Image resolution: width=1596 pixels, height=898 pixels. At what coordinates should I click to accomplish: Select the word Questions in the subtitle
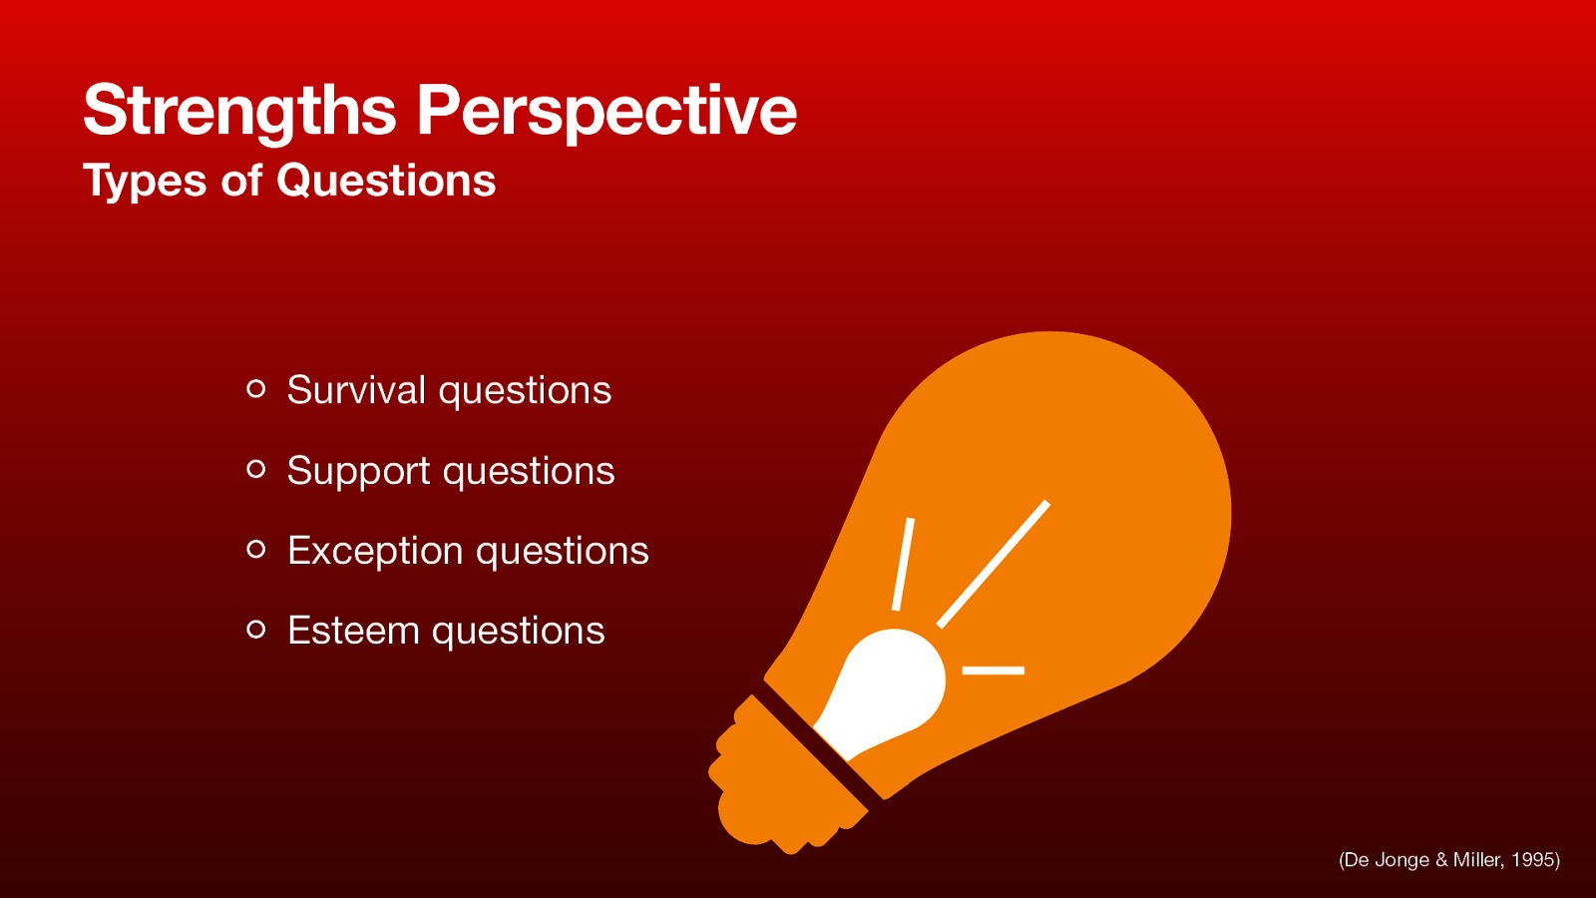pyautogui.click(x=386, y=181)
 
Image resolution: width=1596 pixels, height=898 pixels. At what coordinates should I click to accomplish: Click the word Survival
pyautogui.click(x=356, y=390)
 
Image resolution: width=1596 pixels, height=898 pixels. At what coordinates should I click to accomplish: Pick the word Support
pyautogui.click(x=358, y=471)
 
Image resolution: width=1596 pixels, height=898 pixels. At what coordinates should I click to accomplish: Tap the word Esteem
pyautogui.click(x=353, y=631)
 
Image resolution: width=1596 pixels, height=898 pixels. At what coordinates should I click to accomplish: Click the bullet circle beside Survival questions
pyautogui.click(x=256, y=389)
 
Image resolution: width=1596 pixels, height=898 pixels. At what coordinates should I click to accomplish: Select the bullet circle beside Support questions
pyautogui.click(x=256, y=469)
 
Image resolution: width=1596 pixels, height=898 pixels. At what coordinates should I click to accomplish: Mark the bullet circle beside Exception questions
pyautogui.click(x=256, y=549)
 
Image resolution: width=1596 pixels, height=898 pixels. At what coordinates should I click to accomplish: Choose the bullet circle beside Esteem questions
pyautogui.click(x=256, y=629)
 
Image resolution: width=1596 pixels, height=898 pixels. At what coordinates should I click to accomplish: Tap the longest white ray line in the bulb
pyautogui.click(x=994, y=564)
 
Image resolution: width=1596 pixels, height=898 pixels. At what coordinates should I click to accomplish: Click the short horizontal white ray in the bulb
pyautogui.click(x=993, y=671)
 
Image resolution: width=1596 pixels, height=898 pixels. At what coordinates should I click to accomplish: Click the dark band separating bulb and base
pyautogui.click(x=818, y=743)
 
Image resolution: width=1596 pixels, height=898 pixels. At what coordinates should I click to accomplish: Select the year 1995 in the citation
pyautogui.click(x=1533, y=860)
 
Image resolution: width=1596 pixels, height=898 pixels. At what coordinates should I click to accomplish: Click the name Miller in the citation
pyautogui.click(x=1476, y=860)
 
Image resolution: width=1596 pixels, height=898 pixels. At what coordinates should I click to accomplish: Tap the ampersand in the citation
pyautogui.click(x=1440, y=860)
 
